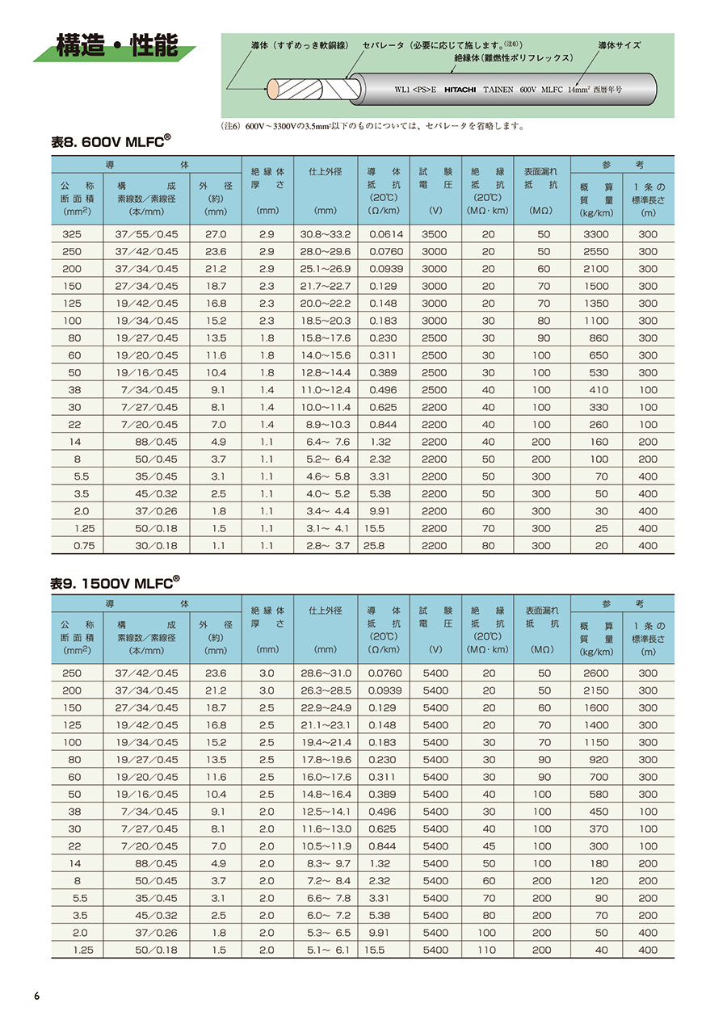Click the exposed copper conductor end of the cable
(276, 88)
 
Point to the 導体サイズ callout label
(619, 45)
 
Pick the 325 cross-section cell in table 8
(77, 234)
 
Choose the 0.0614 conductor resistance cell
(385, 234)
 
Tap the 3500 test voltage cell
(434, 234)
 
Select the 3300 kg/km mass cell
(596, 234)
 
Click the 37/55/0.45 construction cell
(146, 234)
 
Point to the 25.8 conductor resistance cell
(375, 546)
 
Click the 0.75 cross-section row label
(77, 546)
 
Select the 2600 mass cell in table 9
(596, 673)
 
